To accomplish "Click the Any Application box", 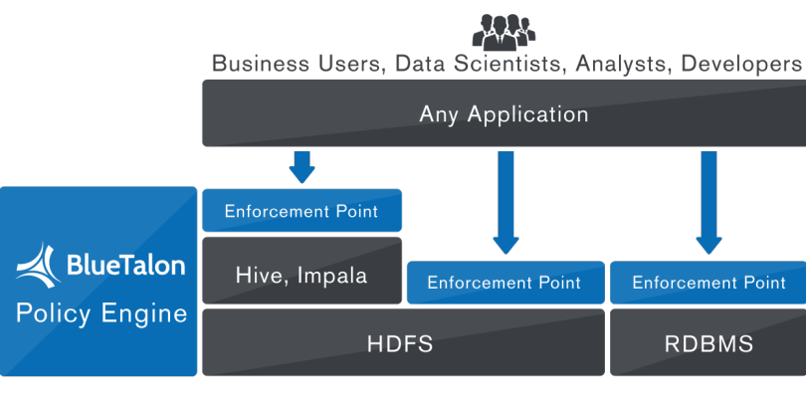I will pos(504,113).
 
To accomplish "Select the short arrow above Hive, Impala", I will pos(302,166).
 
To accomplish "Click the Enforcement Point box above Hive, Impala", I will pos(302,211).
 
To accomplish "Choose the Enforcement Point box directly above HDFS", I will pos(504,283).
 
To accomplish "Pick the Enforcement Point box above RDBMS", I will pos(707,283).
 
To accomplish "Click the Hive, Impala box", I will pos(302,275).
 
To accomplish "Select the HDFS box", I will pos(403,344).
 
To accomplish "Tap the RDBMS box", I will pos(707,344).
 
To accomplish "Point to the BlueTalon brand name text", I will pos(125,266).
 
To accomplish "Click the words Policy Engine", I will pos(101,314).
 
